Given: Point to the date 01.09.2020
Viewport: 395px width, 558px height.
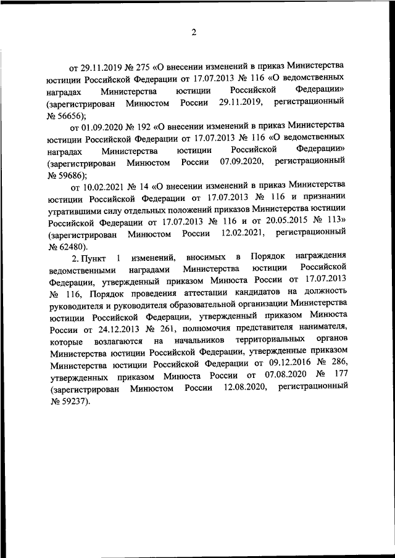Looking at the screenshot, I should (x=103, y=128).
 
